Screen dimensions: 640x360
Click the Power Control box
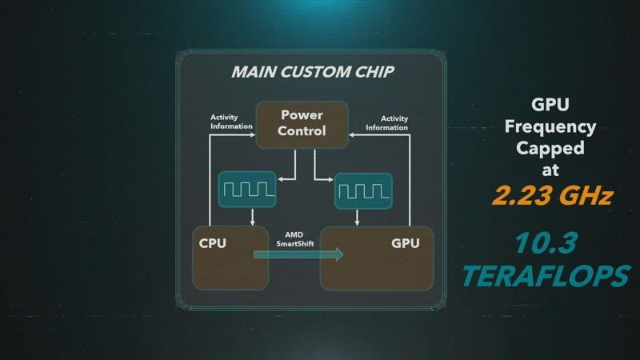(302, 125)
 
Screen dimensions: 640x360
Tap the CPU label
(212, 243)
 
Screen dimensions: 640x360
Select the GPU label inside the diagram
(406, 243)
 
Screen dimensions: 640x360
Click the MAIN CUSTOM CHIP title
(313, 72)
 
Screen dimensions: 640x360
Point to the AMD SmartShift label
(294, 239)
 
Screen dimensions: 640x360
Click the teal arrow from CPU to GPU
(298, 254)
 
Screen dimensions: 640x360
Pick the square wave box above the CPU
(247, 190)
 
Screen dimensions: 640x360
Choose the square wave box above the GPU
(363, 191)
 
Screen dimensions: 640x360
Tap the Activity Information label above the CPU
(231, 122)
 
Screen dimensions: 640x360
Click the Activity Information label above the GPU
(387, 123)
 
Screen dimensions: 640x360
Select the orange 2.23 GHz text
(553, 195)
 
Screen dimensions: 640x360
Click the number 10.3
(546, 242)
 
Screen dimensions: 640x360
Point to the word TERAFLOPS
(546, 276)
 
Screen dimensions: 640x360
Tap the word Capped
(550, 148)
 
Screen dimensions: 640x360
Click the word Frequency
(550, 127)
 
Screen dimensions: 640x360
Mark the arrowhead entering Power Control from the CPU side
(253, 134)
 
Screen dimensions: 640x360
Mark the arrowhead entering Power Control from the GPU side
(351, 134)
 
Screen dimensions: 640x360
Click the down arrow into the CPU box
(252, 217)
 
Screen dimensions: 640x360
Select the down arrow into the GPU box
(357, 218)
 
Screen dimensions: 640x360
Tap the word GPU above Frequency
(550, 105)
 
